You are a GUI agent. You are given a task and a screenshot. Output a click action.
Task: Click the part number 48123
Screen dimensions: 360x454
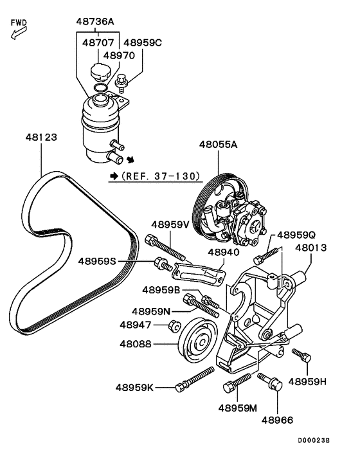[41, 137]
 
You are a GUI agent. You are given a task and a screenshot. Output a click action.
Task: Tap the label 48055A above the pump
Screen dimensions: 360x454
[218, 144]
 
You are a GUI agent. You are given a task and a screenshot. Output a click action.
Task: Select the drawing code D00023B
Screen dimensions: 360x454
[314, 440]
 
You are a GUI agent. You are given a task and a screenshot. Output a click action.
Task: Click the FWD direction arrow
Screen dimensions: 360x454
[19, 33]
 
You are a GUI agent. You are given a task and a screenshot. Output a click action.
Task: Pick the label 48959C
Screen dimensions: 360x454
[143, 43]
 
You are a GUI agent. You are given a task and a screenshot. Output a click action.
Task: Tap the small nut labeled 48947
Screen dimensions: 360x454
[174, 326]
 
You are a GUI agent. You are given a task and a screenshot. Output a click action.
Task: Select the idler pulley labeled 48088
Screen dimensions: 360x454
[197, 341]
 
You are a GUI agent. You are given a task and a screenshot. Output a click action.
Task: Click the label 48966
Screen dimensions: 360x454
[277, 420]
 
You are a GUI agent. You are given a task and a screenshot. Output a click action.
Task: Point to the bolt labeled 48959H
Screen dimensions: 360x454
[301, 355]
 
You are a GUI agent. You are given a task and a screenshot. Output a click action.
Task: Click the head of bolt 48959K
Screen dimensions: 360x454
[180, 387]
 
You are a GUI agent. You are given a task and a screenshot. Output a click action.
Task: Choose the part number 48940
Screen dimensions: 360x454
[224, 252]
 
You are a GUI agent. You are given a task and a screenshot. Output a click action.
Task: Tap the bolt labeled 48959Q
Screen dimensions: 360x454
[265, 256]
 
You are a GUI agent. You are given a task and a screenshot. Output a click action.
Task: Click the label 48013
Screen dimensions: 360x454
[310, 248]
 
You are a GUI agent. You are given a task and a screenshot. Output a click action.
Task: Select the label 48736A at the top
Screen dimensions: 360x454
[95, 21]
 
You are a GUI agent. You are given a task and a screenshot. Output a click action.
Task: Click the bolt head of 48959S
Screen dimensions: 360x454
[159, 263]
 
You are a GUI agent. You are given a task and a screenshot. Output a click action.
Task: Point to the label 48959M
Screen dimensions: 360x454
[238, 408]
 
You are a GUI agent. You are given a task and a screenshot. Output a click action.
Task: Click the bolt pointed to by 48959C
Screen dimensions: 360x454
[122, 83]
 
